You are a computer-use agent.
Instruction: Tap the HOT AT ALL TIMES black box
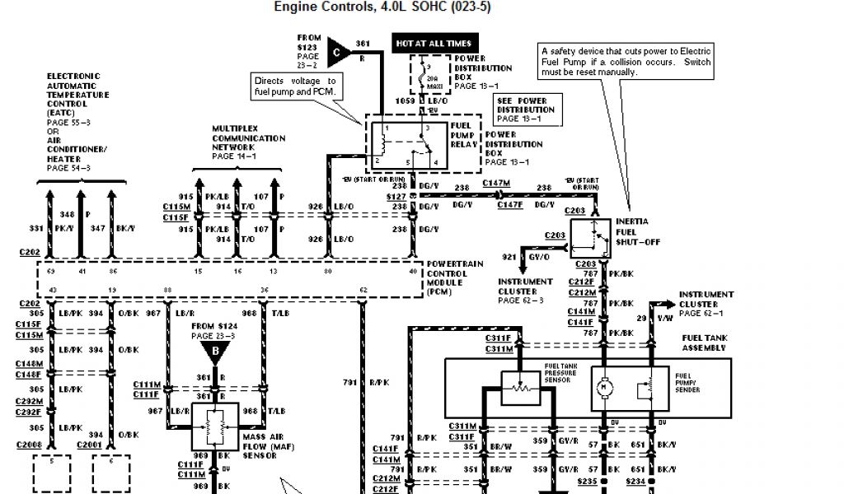434,43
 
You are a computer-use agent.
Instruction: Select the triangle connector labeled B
215,352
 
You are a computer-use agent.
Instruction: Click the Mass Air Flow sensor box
216,426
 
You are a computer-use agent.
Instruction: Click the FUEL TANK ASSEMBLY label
705,343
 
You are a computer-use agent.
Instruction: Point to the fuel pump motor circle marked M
603,384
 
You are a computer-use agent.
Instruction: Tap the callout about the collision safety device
626,62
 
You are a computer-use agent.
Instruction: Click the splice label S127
396,198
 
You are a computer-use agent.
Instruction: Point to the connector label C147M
496,183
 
